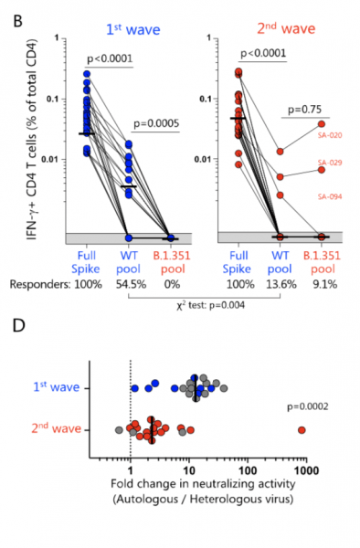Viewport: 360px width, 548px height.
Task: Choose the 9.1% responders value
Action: pos(322,284)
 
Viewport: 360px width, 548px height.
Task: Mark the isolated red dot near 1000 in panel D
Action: pos(302,429)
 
